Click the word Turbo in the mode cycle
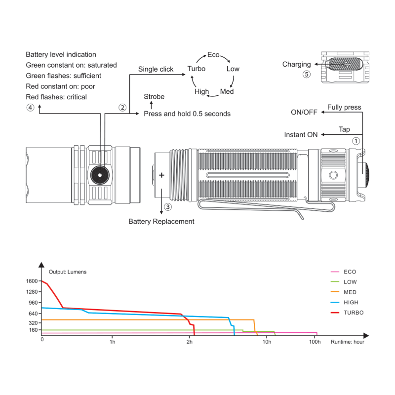tap(196, 69)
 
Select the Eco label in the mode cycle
tap(213, 55)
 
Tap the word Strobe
tap(154, 96)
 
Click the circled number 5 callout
tap(307, 75)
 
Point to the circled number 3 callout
tap(168, 207)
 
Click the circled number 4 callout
tap(30, 108)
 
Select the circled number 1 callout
tap(355, 141)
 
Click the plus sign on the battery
tap(161, 175)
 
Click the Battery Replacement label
tap(161, 221)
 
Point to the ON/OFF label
tap(304, 112)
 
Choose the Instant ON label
tap(301, 135)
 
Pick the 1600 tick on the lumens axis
tap(32, 281)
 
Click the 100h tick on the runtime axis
tap(315, 342)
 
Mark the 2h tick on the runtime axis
tap(190, 342)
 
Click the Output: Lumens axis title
tap(68, 272)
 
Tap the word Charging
tap(297, 65)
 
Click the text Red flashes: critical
tap(56, 97)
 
